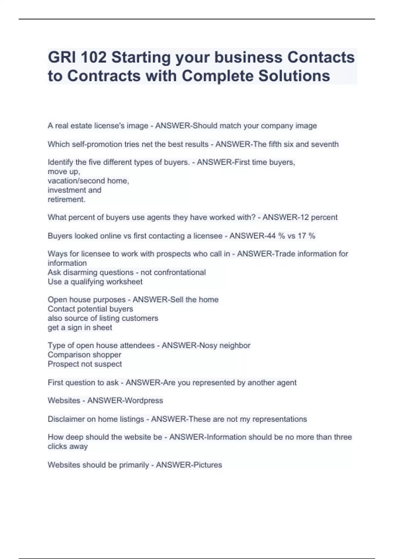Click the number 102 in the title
[93, 58]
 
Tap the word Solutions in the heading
[294, 76]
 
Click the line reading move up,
[64, 172]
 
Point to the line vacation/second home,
[88, 181]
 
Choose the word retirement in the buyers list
[66, 200]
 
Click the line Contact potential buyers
[90, 309]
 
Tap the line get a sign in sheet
[80, 328]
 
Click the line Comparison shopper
[84, 355]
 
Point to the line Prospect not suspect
[85, 364]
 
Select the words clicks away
[68, 447]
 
